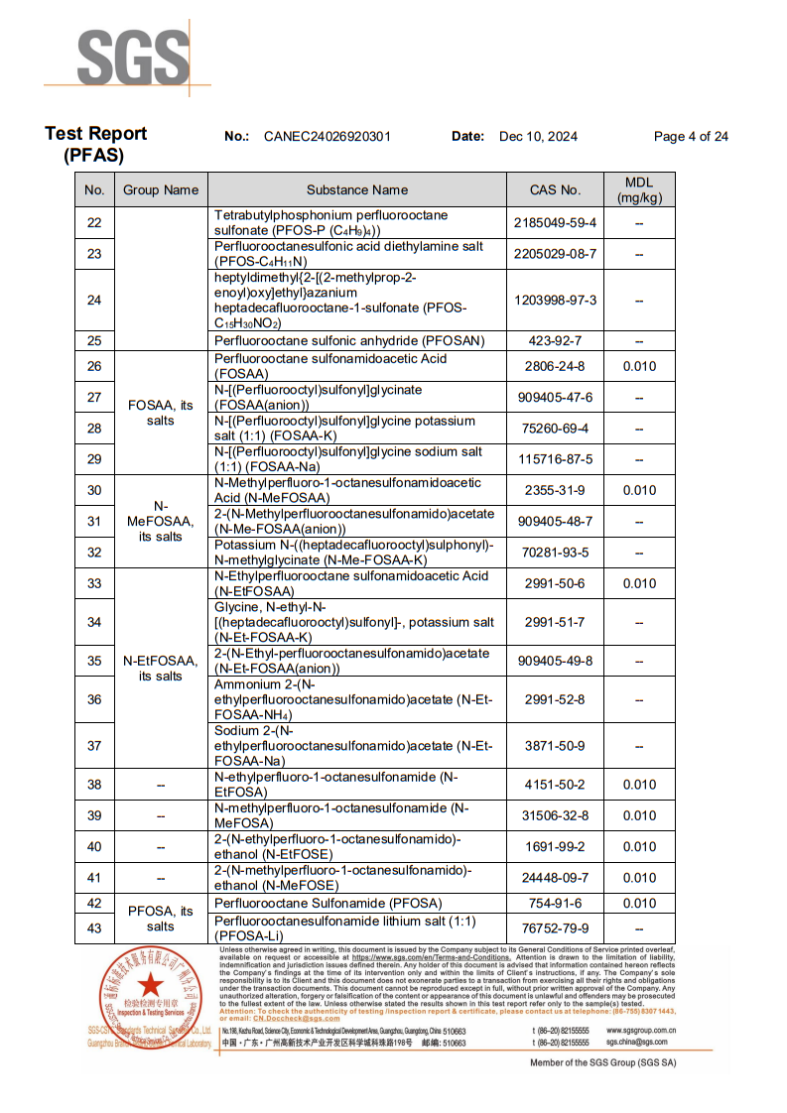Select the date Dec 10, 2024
tap(538, 137)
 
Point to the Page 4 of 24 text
tap(691, 137)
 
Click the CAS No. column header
tap(556, 189)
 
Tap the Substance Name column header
tap(357, 189)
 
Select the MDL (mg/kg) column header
tap(639, 189)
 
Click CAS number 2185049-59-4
tap(556, 223)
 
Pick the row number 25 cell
tap(94, 340)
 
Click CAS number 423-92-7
tap(556, 340)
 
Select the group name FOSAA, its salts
tap(161, 413)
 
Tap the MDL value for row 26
tap(639, 367)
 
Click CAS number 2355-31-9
tap(556, 490)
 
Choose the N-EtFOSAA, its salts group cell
tap(161, 669)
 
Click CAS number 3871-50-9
tap(556, 746)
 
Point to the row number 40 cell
tap(94, 847)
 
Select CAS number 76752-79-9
tap(556, 928)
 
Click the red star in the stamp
tap(150, 987)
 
